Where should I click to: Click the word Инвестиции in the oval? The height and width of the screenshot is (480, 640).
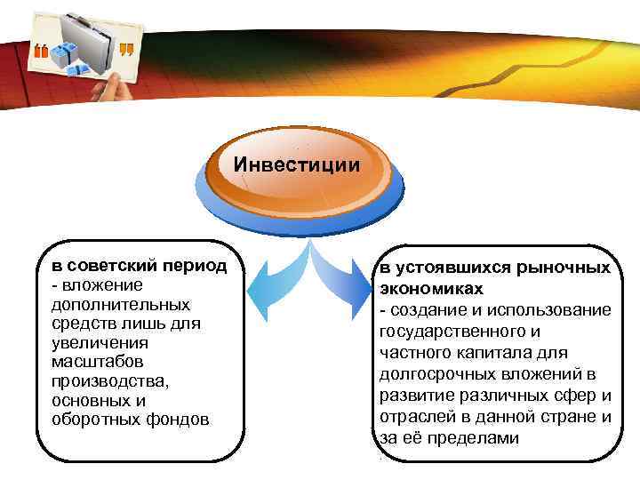click(298, 164)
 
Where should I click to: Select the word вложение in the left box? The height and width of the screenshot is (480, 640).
click(97, 284)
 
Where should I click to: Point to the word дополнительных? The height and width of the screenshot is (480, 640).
click(108, 304)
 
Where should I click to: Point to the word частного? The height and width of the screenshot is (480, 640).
click(413, 353)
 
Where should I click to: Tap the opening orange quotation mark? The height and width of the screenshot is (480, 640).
click(41, 51)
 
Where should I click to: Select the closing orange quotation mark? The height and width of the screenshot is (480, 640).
click(126, 48)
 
